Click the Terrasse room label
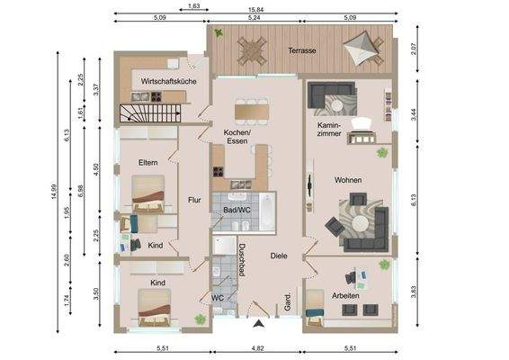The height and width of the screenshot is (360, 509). coord(302,51)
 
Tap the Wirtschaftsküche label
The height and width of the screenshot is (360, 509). coord(162,82)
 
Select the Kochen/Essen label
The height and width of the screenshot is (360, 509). coord(237,137)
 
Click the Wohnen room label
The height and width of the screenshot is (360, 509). coord(348,180)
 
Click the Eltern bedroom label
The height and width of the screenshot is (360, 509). coord(148,162)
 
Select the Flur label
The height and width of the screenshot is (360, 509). coord(194,200)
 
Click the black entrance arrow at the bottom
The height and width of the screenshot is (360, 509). coord(261,323)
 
